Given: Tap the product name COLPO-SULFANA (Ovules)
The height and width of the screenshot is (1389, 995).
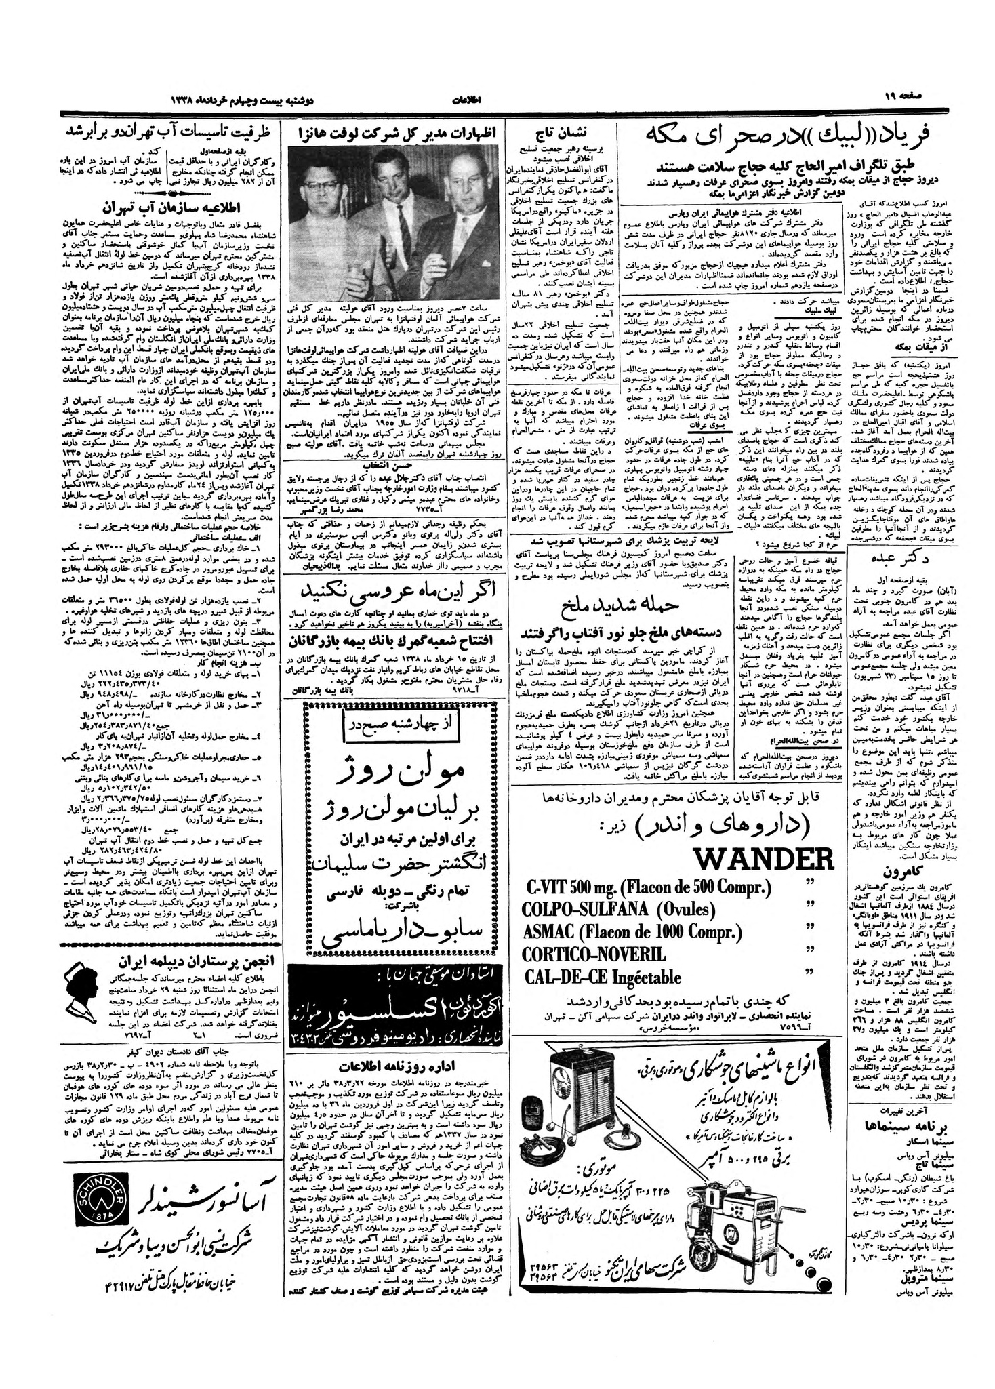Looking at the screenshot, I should pyautogui.click(x=619, y=908).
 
